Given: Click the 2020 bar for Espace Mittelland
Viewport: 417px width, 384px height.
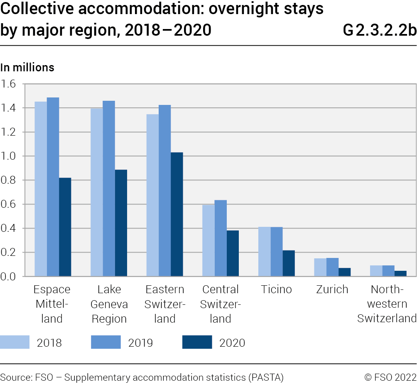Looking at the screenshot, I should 65,227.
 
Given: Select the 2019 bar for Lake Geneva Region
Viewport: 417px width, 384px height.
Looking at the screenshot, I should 109,188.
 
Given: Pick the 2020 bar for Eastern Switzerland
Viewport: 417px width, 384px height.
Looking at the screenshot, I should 177,214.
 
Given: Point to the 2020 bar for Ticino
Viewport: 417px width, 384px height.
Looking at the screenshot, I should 289,263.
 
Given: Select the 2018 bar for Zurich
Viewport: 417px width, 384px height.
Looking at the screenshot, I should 320,267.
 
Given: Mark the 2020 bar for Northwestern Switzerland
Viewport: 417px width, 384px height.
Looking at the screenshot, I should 400,273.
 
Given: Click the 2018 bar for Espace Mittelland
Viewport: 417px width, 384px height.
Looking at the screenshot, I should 41,189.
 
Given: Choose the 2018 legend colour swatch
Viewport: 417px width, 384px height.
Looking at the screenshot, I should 15,342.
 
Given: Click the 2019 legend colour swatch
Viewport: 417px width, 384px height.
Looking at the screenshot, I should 105,342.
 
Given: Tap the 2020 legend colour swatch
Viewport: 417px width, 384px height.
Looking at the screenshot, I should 197,342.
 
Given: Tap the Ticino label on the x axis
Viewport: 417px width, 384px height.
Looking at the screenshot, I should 277,289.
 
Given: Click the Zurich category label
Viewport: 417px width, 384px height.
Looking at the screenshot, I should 332,289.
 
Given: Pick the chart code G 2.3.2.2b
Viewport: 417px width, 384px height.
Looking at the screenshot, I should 380,30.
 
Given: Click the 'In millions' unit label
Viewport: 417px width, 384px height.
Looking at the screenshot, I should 27,67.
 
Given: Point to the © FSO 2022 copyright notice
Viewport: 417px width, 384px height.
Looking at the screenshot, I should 390,377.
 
